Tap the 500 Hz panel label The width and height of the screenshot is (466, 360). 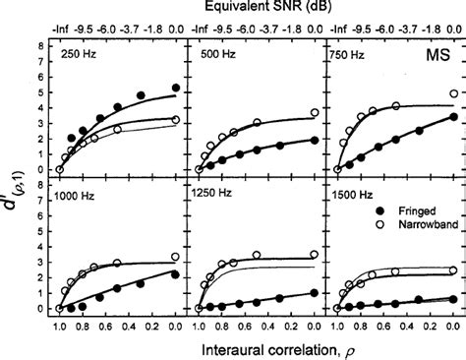coord(213,57)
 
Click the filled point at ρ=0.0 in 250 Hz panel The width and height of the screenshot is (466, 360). coord(176,89)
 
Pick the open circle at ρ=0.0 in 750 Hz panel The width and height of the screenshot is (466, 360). coord(453,94)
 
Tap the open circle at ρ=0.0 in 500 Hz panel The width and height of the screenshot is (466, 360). coord(315,113)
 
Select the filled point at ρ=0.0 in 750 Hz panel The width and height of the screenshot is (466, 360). coord(453,117)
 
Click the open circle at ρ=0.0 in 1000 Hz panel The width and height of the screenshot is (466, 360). coord(176,257)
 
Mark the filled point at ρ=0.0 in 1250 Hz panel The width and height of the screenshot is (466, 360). coord(315,292)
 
